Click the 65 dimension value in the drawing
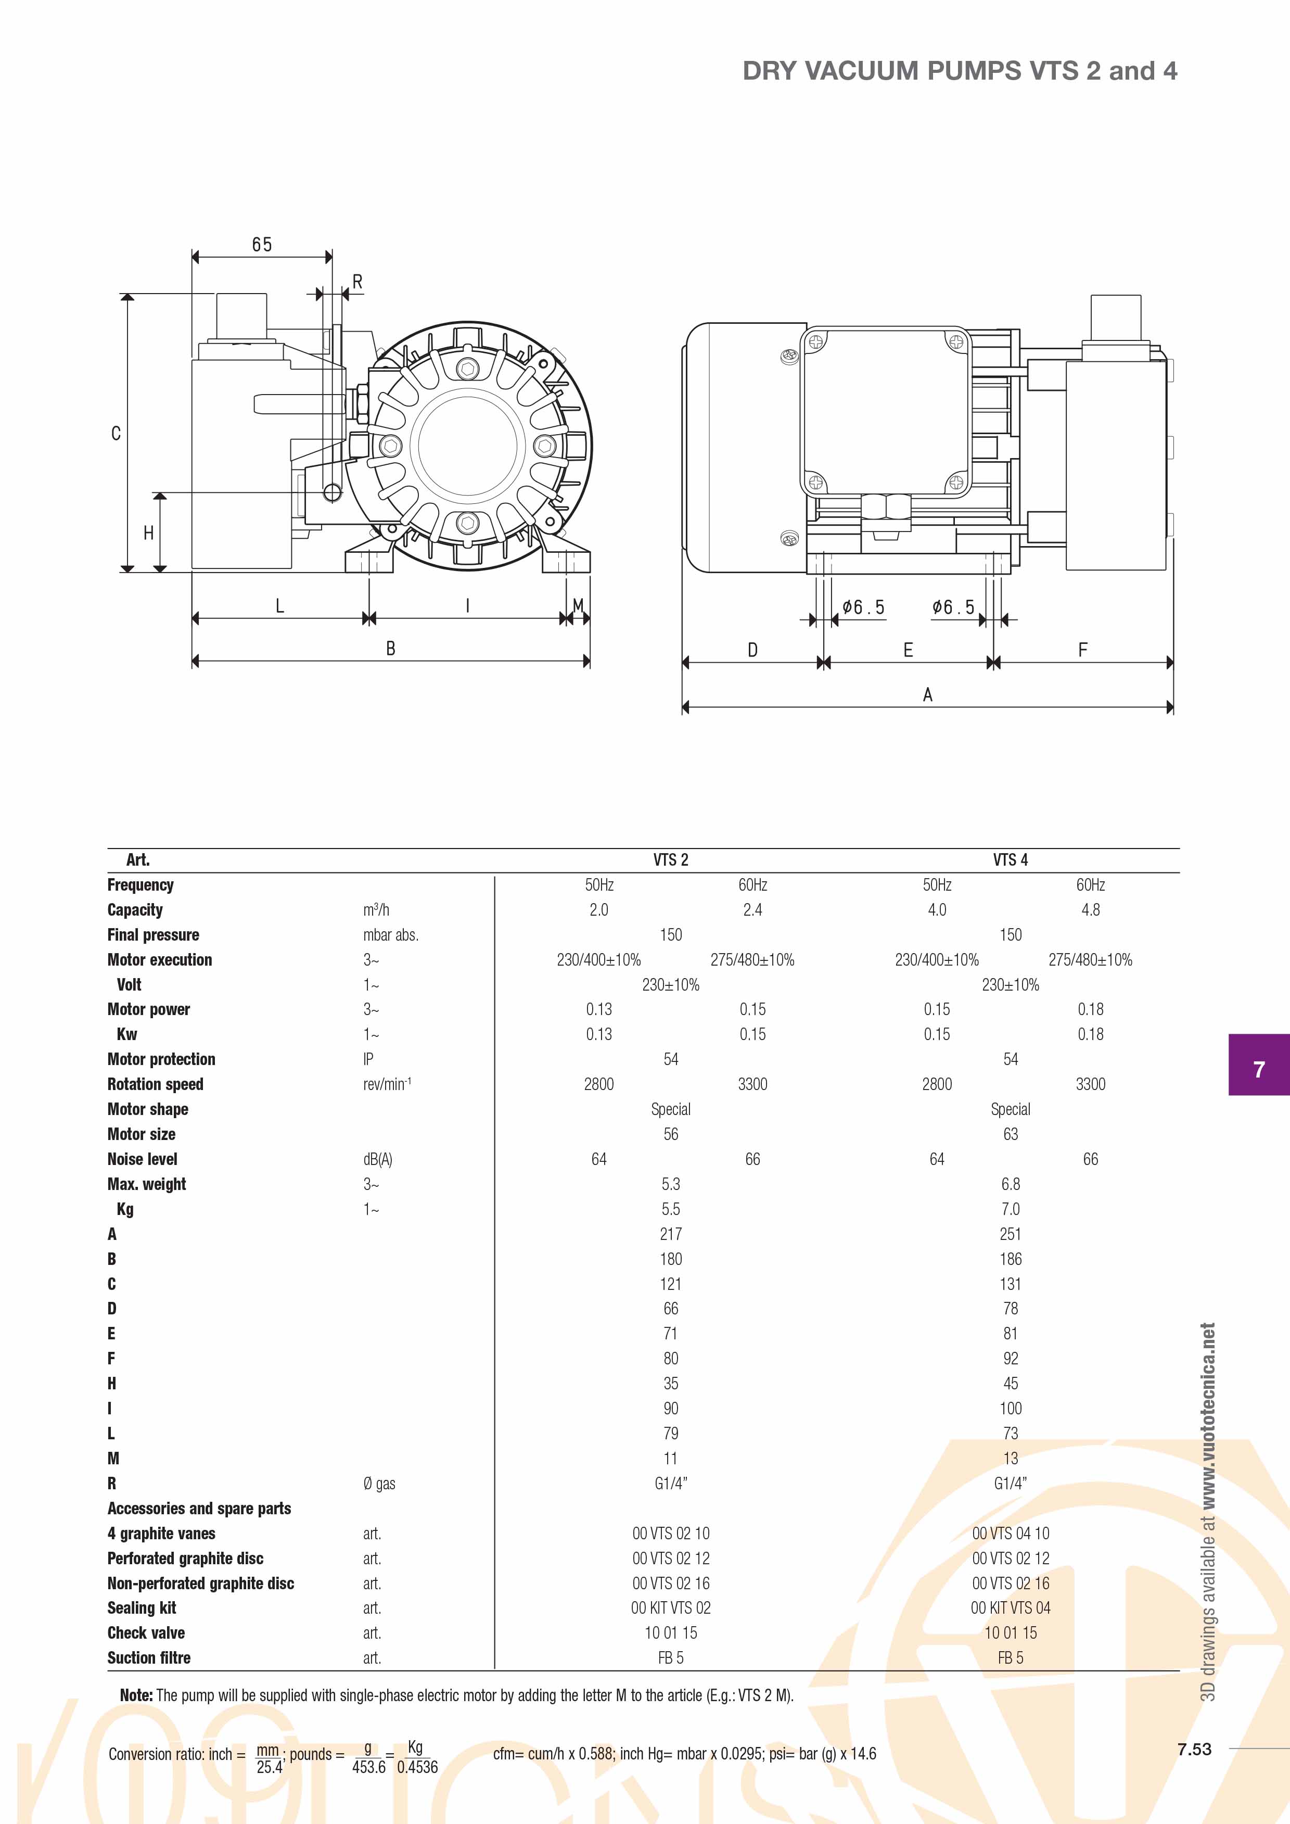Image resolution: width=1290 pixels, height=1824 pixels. (x=262, y=245)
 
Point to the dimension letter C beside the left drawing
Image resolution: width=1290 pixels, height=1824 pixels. (x=116, y=434)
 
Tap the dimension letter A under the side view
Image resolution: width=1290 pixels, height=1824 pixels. (x=927, y=695)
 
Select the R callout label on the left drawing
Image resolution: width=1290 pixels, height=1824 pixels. (x=357, y=282)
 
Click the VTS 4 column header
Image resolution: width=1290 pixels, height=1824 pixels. (x=1011, y=859)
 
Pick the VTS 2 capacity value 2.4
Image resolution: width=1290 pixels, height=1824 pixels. (x=752, y=909)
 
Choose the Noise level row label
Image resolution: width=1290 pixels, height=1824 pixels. (x=142, y=1159)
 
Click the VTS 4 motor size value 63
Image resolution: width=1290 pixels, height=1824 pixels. (x=1011, y=1134)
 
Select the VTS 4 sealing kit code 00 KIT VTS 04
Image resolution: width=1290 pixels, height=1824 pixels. (x=1011, y=1608)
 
